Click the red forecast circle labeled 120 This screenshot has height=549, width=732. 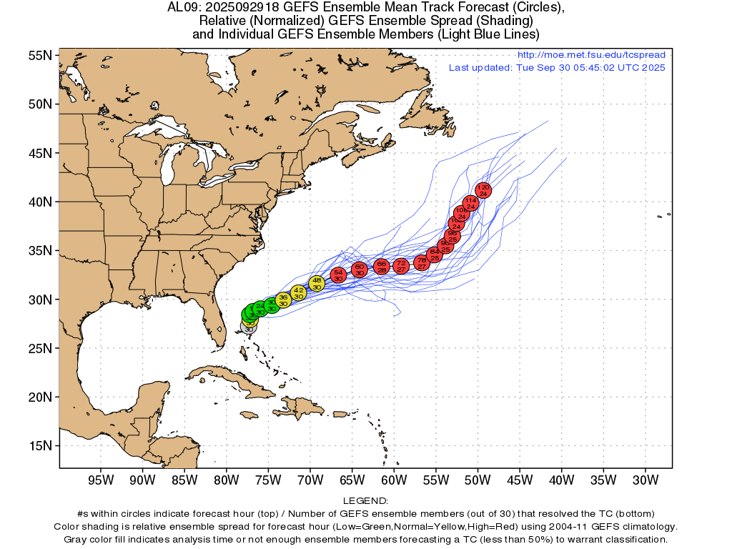coord(483,190)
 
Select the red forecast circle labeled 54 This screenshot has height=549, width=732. coord(339,275)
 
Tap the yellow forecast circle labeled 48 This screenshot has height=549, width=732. coord(317,283)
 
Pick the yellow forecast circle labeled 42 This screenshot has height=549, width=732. coord(299,292)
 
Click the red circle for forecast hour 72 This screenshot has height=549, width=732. coord(401,266)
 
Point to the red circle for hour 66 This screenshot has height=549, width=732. coord(382,267)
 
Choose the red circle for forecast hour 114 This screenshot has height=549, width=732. coord(470,203)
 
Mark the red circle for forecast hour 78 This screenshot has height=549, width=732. coord(422,262)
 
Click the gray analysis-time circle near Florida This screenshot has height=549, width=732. coord(247,327)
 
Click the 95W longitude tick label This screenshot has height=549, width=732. coord(100,480)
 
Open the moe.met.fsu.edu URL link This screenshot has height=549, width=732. coord(591,55)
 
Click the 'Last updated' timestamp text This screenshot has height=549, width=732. coord(557,68)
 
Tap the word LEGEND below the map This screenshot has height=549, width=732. coord(365,501)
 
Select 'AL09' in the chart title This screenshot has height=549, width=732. coord(182,8)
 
